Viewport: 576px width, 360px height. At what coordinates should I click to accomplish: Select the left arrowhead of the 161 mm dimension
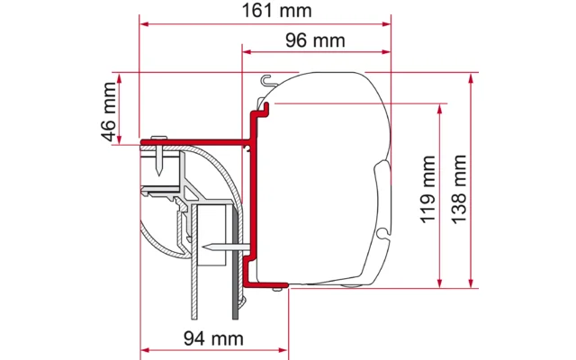point(144,24)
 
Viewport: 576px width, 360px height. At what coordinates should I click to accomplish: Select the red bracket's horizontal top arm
point(193,141)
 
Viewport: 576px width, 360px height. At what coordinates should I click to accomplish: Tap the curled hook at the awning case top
point(262,85)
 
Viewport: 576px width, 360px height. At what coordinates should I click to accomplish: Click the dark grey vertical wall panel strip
point(236,261)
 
